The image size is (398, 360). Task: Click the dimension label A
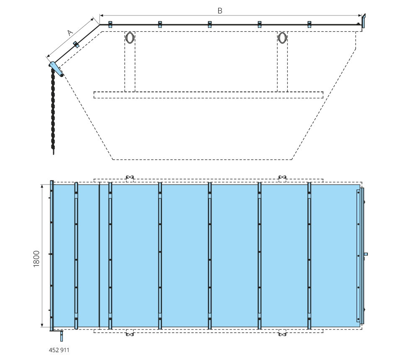(70, 33)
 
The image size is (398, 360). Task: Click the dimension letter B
(220, 10)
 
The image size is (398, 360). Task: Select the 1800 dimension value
(36, 259)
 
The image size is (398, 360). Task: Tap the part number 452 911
(59, 350)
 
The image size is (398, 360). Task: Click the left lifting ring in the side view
(130, 38)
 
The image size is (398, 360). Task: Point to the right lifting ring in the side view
(282, 38)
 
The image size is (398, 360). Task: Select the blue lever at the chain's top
(56, 69)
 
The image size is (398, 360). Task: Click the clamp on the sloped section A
(76, 45)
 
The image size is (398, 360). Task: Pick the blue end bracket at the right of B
(364, 21)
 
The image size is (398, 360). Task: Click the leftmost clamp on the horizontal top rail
(110, 24)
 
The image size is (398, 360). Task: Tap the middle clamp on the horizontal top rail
(209, 24)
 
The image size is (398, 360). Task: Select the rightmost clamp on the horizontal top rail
(309, 24)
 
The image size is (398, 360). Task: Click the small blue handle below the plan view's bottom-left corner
(62, 336)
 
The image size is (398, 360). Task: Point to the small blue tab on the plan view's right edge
(366, 254)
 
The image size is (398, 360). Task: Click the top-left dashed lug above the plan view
(130, 178)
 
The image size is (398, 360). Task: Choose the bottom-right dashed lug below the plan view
(282, 333)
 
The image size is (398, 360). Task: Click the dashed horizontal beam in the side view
(208, 95)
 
